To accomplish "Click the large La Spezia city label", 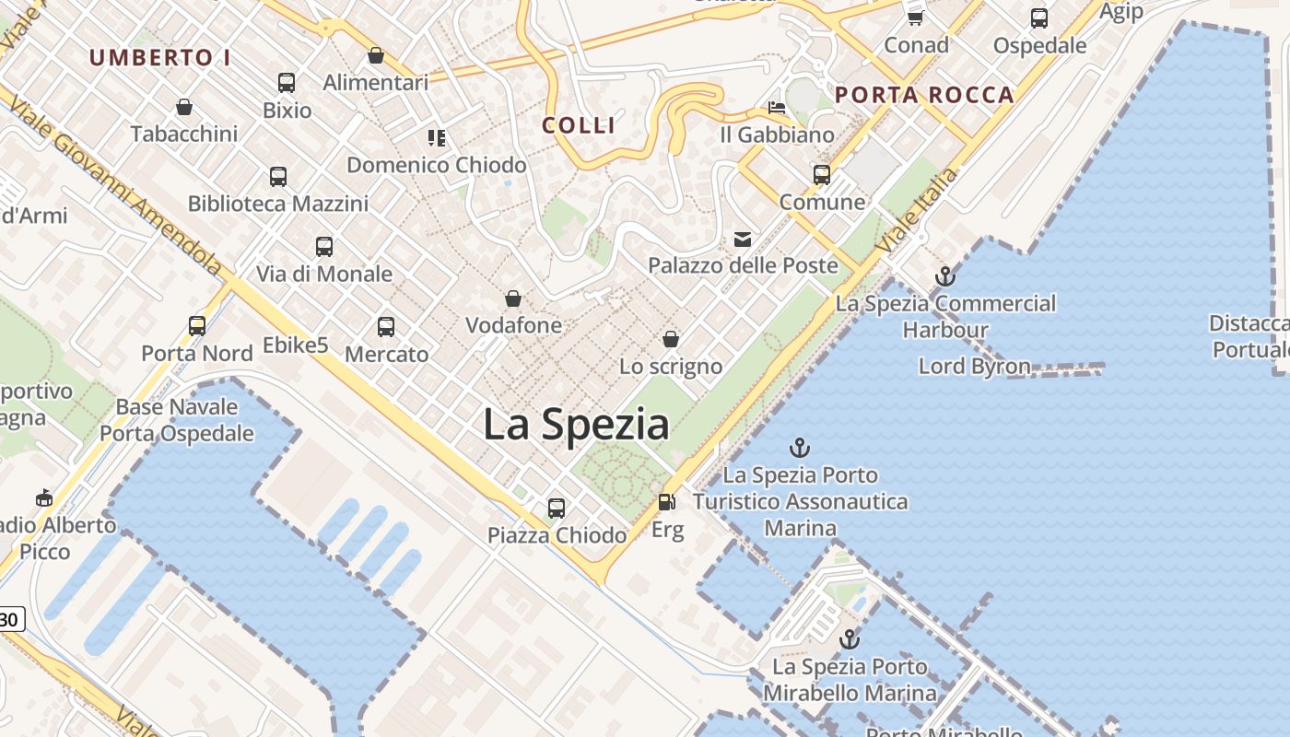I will point(576,425).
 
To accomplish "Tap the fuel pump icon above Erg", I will point(666,502).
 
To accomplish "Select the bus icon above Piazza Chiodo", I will point(556,508).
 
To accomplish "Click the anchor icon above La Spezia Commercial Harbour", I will point(944,275).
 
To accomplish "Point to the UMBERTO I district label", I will point(160,57).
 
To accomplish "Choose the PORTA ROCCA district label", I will point(924,95).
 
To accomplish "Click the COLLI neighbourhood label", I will point(579,125).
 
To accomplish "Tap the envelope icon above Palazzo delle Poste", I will point(743,240).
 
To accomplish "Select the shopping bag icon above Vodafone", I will point(513,298).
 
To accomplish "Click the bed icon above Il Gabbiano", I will point(777,109).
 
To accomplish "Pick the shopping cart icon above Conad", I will point(915,18).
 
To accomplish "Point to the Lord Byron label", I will point(974,366).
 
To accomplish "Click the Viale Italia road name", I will point(917,212).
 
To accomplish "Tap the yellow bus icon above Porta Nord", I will point(197,325).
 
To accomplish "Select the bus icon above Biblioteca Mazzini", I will point(278,176).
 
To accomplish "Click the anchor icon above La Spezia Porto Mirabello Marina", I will point(849,639).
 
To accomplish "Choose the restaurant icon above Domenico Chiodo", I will point(437,138).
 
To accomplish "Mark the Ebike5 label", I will point(296,345).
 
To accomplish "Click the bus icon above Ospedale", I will point(1039,18).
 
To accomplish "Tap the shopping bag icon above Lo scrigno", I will point(671,339).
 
